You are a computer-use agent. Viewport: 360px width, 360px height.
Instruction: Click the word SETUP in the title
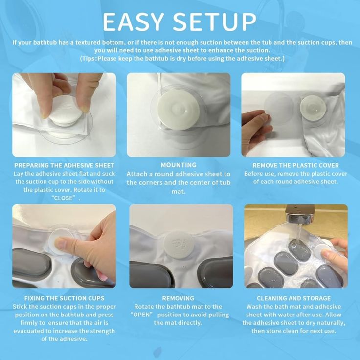[x=214, y=22]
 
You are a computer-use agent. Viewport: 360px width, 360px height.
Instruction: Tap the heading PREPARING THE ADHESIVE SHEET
[x=64, y=165]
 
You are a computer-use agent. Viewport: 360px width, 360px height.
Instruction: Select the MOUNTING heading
[x=179, y=165]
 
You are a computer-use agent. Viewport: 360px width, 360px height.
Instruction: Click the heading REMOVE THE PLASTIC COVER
[x=296, y=165]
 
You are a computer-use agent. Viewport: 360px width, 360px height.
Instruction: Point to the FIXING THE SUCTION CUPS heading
[x=64, y=298]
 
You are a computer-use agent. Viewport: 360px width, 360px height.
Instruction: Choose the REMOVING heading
[x=178, y=298]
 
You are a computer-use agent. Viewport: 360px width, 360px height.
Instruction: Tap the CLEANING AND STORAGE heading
[x=294, y=298]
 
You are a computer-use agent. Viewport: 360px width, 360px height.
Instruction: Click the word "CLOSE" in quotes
[x=64, y=198]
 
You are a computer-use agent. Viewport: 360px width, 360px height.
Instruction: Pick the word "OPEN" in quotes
[x=142, y=315]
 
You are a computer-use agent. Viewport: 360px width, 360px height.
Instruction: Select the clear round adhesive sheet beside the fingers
[x=279, y=109]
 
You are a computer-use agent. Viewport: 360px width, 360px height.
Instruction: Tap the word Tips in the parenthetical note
[x=88, y=59]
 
